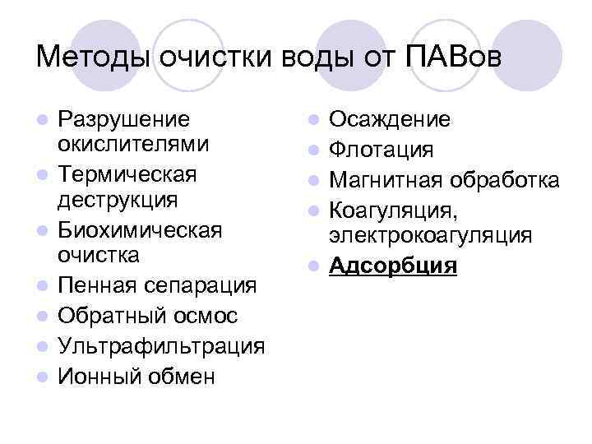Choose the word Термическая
tap(127, 174)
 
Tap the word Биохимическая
tap(140, 229)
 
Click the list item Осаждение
tap(389, 119)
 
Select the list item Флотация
tap(381, 150)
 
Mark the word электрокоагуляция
tap(430, 237)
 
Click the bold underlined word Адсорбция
tap(392, 266)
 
